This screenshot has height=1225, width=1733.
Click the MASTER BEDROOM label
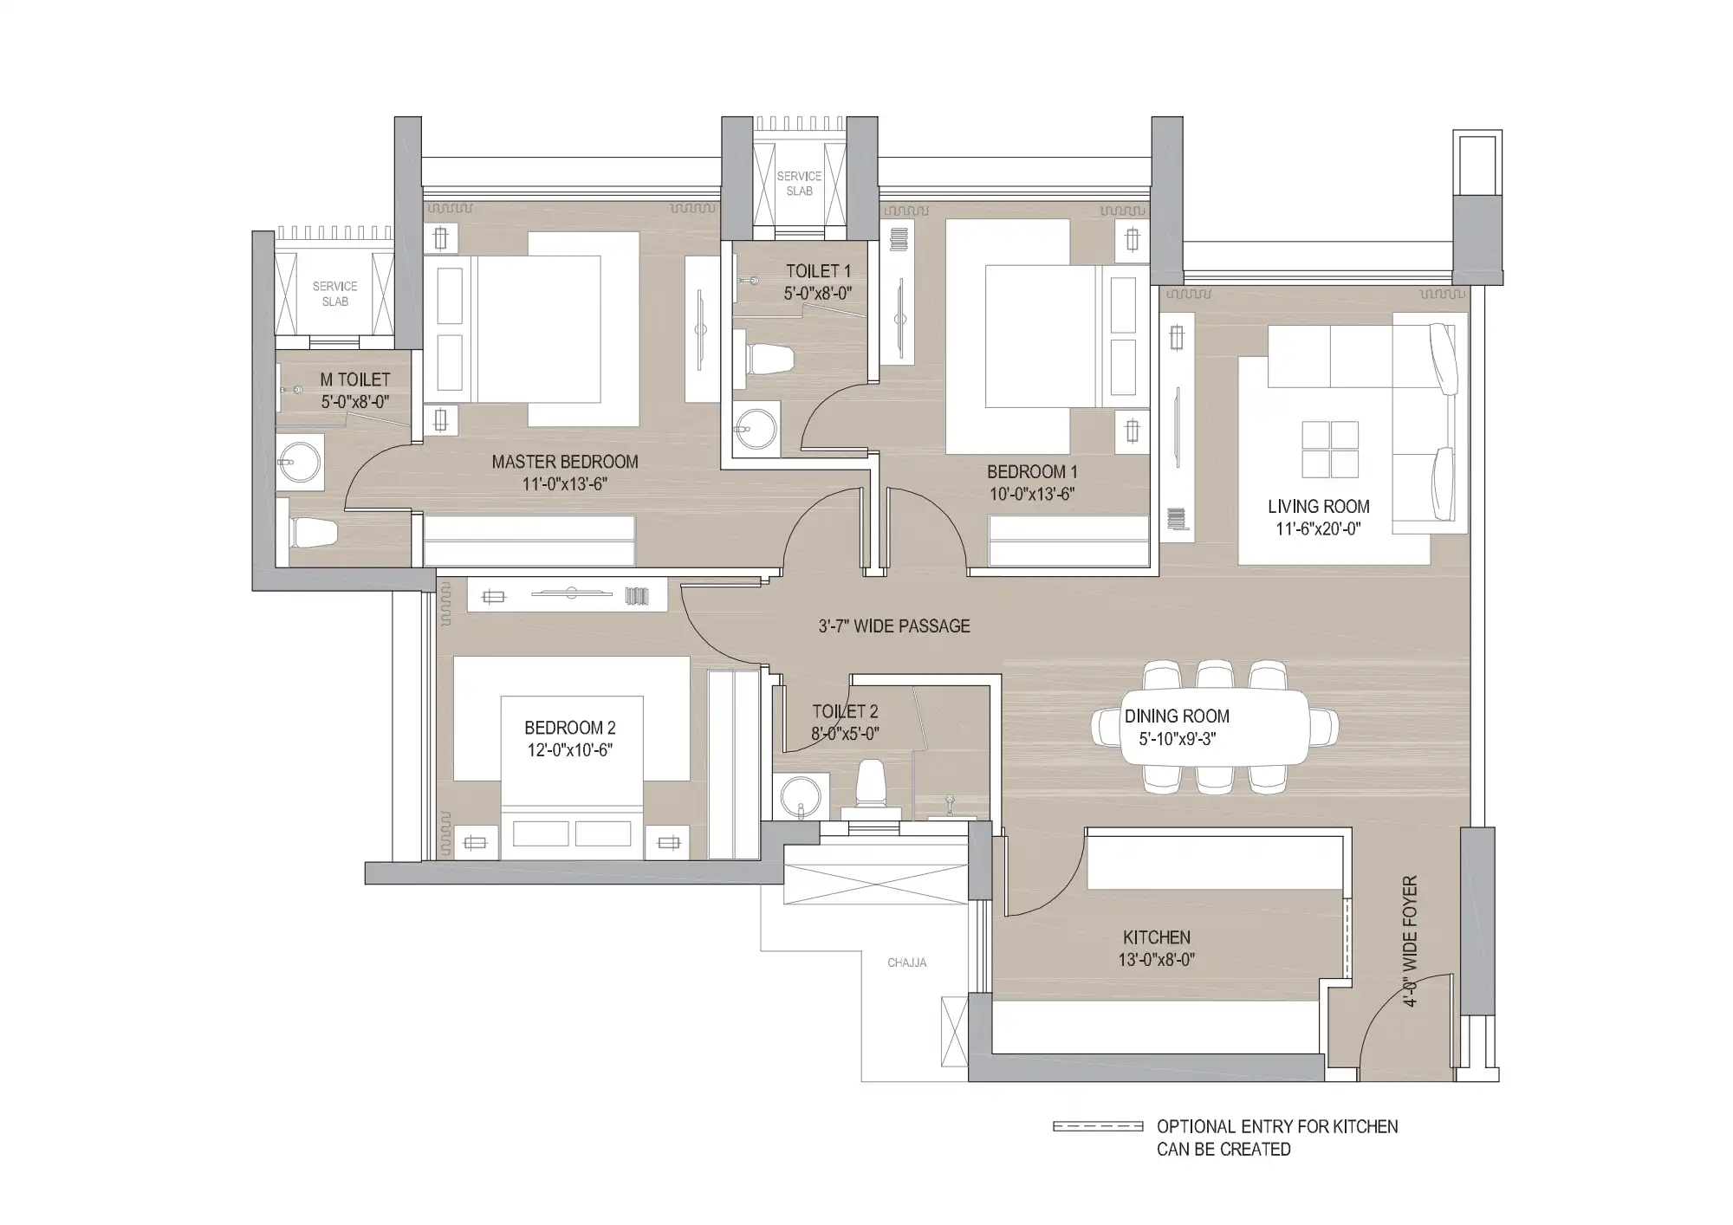point(565,462)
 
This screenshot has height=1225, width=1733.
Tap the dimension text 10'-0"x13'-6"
point(1032,495)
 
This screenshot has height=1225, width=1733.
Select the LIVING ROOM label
point(1319,506)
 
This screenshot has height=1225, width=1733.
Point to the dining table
point(1215,727)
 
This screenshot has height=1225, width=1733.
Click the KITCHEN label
point(1157,937)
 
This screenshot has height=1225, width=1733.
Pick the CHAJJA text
point(907,962)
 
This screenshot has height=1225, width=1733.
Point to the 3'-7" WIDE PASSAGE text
point(894,625)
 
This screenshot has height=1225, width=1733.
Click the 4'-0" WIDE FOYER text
point(1410,942)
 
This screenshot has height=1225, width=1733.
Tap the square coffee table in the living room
point(1330,449)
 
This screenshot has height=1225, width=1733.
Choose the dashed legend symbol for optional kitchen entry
point(1098,1126)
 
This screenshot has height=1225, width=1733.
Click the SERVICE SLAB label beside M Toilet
point(335,294)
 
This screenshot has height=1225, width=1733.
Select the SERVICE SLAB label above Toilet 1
point(799,184)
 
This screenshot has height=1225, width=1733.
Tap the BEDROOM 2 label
point(570,728)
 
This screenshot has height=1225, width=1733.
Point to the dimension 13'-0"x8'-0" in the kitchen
point(1157,960)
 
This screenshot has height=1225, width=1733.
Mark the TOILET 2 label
point(845,711)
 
